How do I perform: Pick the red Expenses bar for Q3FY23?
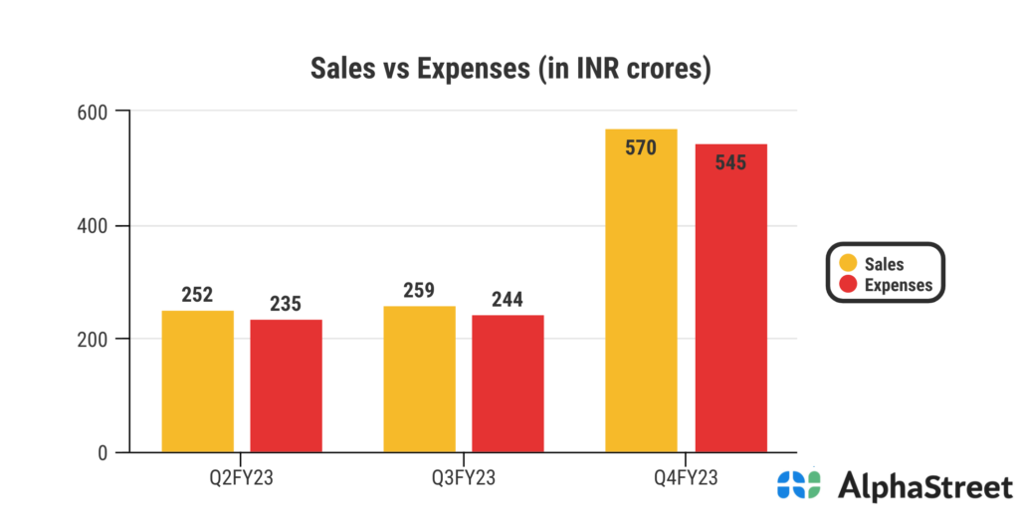pyautogui.click(x=508, y=385)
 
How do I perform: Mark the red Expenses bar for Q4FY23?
pyautogui.click(x=730, y=299)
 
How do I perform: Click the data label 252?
pyautogui.click(x=198, y=295)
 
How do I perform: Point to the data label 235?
pyautogui.click(x=286, y=304)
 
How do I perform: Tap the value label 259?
pyautogui.click(x=419, y=291)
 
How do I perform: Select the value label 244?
pyautogui.click(x=507, y=299)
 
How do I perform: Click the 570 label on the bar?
pyautogui.click(x=641, y=148)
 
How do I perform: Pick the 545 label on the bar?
pyautogui.click(x=730, y=162)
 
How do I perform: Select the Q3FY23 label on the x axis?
pyautogui.click(x=463, y=478)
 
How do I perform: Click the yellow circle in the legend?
pyautogui.click(x=849, y=264)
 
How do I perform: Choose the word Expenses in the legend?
pyautogui.click(x=899, y=285)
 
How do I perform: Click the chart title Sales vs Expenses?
pyautogui.click(x=509, y=69)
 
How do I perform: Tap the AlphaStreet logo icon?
pyautogui.click(x=799, y=485)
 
